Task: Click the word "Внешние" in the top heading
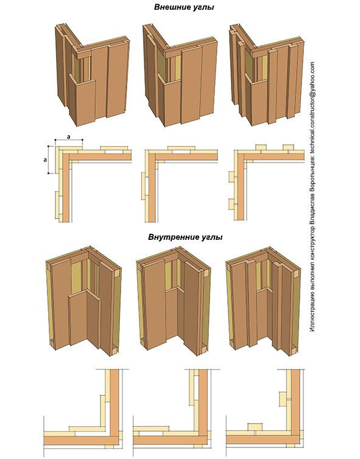[172, 7]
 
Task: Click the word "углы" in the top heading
[203, 8]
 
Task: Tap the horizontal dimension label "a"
[69, 136]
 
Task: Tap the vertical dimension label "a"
[45, 160]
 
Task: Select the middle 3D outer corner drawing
[180, 75]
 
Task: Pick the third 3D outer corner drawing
[266, 75]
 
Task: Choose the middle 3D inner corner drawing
[174, 299]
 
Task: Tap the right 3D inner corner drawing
[263, 299]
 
